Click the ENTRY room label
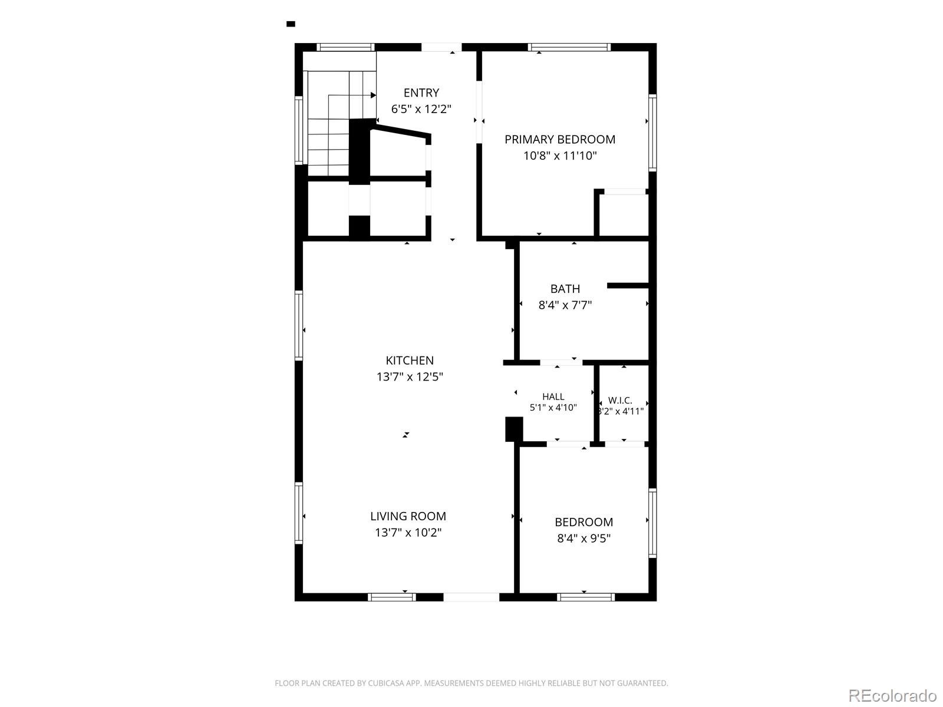[x=421, y=92]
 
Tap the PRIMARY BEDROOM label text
[x=560, y=140]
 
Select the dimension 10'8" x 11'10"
[x=560, y=156]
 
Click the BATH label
[x=565, y=289]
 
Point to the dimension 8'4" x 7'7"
[x=565, y=305]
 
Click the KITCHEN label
[x=410, y=361]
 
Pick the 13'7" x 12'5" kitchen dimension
[x=410, y=377]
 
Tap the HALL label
[x=553, y=397]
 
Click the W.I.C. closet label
[x=620, y=401]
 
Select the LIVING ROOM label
[x=408, y=517]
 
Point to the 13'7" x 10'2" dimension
[x=408, y=533]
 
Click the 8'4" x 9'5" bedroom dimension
[x=584, y=538]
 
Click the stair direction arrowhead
[x=373, y=95]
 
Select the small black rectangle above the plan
[x=291, y=24]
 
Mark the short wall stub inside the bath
[x=628, y=286]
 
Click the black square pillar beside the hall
[x=514, y=430]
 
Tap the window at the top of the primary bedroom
[x=569, y=47]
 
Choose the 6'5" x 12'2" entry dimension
[x=421, y=109]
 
